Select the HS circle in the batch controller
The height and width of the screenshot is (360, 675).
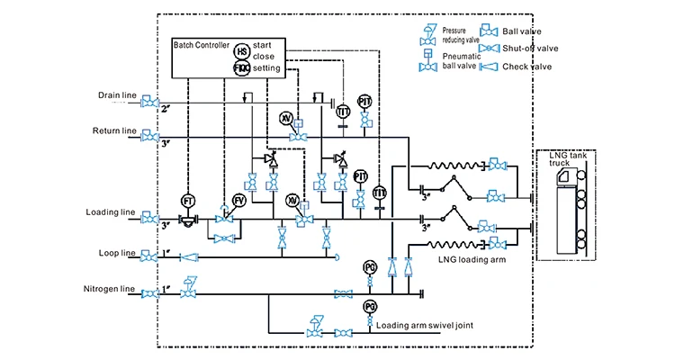tap(241, 51)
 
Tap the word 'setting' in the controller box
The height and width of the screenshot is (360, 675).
tap(266, 67)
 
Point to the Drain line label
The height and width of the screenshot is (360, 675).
tap(117, 94)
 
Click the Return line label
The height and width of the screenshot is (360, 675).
tap(114, 131)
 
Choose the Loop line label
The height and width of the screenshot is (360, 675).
tap(117, 253)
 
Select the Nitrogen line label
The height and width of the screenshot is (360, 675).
tap(110, 289)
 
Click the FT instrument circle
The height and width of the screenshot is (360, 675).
tap(188, 200)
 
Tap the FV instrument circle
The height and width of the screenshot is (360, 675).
tap(239, 200)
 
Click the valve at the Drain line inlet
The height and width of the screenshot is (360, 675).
tap(151, 103)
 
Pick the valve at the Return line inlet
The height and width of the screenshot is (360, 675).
tap(151, 139)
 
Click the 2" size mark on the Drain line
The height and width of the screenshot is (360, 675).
tap(165, 109)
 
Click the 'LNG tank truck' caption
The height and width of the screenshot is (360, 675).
tap(565, 159)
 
